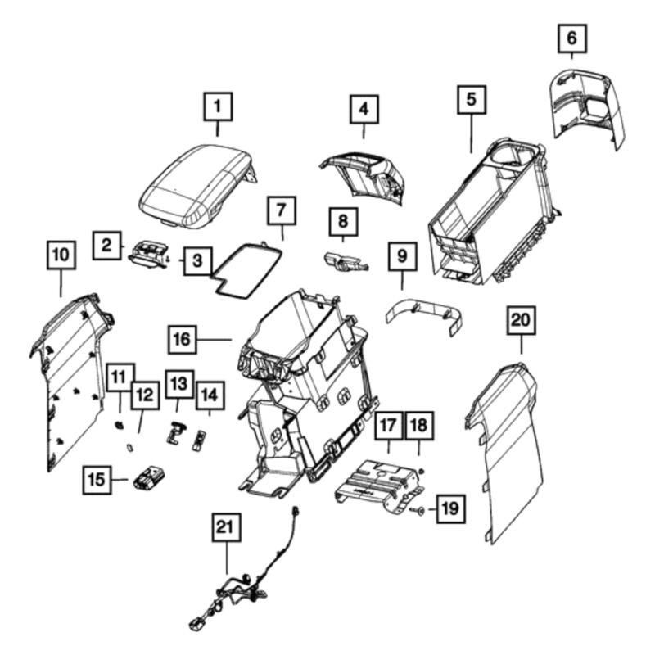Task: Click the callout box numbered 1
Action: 217,106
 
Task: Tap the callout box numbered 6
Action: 571,37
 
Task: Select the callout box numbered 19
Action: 449,509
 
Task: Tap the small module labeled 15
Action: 150,477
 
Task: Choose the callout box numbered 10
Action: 60,255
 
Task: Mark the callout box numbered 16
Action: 184,337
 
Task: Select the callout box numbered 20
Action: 520,320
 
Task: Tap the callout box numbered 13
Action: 178,382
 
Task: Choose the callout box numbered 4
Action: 364,108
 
